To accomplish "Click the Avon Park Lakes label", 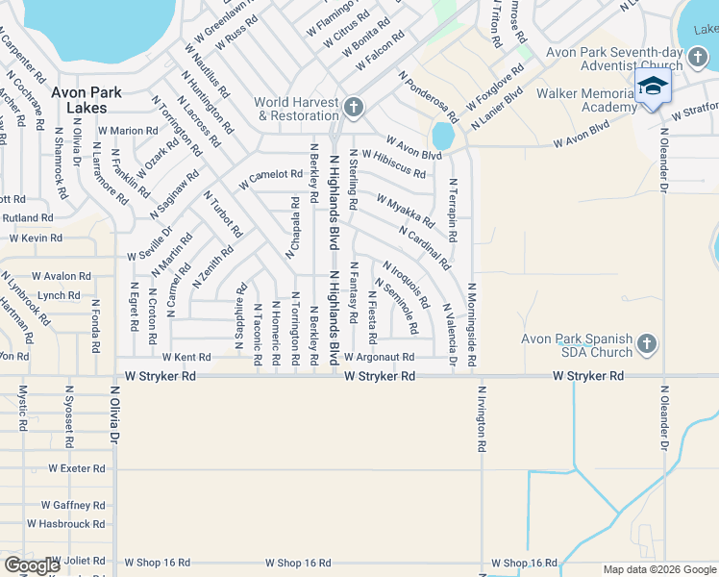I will (87, 101).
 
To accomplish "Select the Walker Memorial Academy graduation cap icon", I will (653, 87).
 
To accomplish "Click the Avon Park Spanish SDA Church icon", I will (647, 343).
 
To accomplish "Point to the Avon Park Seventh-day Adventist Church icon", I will (699, 60).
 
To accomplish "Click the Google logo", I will (32, 565).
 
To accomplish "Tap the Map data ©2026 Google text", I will (659, 569).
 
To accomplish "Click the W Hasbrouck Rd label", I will (72, 524).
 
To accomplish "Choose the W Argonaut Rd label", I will (379, 357).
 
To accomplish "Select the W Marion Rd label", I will (127, 131).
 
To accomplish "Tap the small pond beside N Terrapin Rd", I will (443, 136).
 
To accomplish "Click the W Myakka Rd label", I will (406, 207).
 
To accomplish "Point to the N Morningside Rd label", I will (472, 325).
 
